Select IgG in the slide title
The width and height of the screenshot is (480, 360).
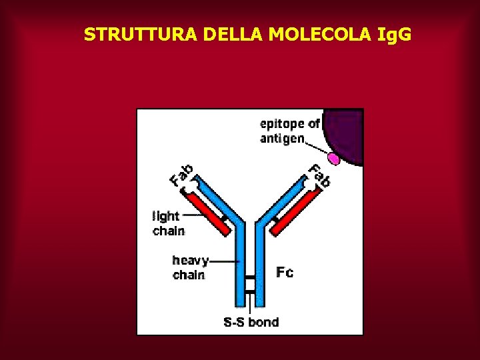coord(393,34)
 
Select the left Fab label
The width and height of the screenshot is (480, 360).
coord(181,175)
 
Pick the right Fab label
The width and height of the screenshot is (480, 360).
coord(319,175)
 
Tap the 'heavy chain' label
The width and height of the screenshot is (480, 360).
coord(189,267)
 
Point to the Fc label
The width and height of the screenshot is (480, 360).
coord(285,272)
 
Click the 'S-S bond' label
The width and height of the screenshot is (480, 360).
coord(251,323)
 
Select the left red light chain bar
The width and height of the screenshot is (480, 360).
coord(209,213)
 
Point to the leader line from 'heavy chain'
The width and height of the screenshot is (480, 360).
coord(223,262)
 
